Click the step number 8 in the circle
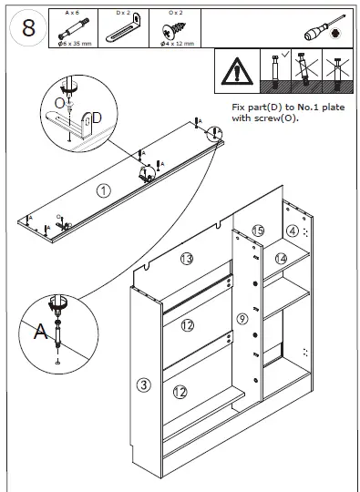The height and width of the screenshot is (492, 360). coord(28,28)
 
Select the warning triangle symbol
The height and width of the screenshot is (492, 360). coord(237,71)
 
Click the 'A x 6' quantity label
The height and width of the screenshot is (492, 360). coord(73,13)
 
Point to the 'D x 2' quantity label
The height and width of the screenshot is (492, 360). coord(123,13)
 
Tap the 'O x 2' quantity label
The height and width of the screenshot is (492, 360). coord(176,13)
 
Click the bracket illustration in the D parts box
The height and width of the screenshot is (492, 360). coord(123,28)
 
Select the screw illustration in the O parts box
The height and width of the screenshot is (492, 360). coord(174,30)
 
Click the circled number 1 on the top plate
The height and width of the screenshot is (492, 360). coord(104,190)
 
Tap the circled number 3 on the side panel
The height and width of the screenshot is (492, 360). coord(144,384)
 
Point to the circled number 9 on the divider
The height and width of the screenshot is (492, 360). coord(242,319)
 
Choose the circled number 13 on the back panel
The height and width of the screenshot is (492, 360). coord(187,259)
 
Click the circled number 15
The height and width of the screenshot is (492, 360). coord(258,231)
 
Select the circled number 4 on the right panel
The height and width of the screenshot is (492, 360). coord(293,231)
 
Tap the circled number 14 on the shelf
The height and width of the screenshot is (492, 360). coord(282,259)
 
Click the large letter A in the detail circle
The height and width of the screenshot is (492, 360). coord(40,332)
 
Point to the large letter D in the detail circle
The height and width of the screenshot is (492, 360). coord(97,118)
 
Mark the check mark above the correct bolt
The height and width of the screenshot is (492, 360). coord(285,55)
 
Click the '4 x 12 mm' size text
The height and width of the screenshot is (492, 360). coord(178,44)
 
